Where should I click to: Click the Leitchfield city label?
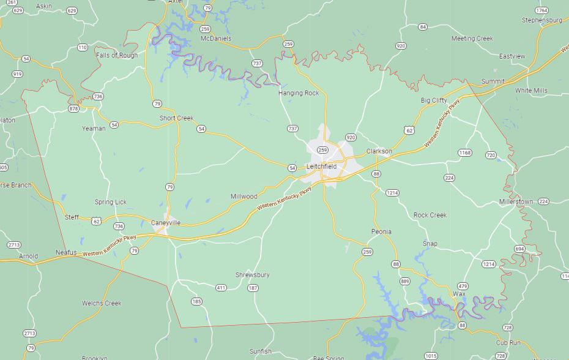(x=321, y=167)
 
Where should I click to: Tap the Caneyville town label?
(x=166, y=223)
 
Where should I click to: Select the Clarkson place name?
(x=379, y=151)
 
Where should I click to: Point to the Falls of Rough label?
(x=117, y=55)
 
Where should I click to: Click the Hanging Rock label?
(x=299, y=93)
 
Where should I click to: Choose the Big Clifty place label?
(x=434, y=100)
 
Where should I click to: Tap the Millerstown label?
(x=516, y=201)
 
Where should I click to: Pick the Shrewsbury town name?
(x=252, y=275)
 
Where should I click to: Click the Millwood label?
(x=244, y=197)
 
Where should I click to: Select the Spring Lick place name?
(x=111, y=202)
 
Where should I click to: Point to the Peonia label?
(x=381, y=231)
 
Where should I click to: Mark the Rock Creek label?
(x=430, y=215)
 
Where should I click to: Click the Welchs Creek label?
(x=102, y=303)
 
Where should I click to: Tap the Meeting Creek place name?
(x=472, y=39)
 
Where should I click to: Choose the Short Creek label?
(x=176, y=118)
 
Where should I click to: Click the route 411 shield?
(x=221, y=288)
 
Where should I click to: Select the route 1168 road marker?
(x=464, y=153)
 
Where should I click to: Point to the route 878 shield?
(x=74, y=109)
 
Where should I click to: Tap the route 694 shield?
(x=519, y=249)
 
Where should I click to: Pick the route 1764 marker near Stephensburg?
(x=541, y=10)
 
